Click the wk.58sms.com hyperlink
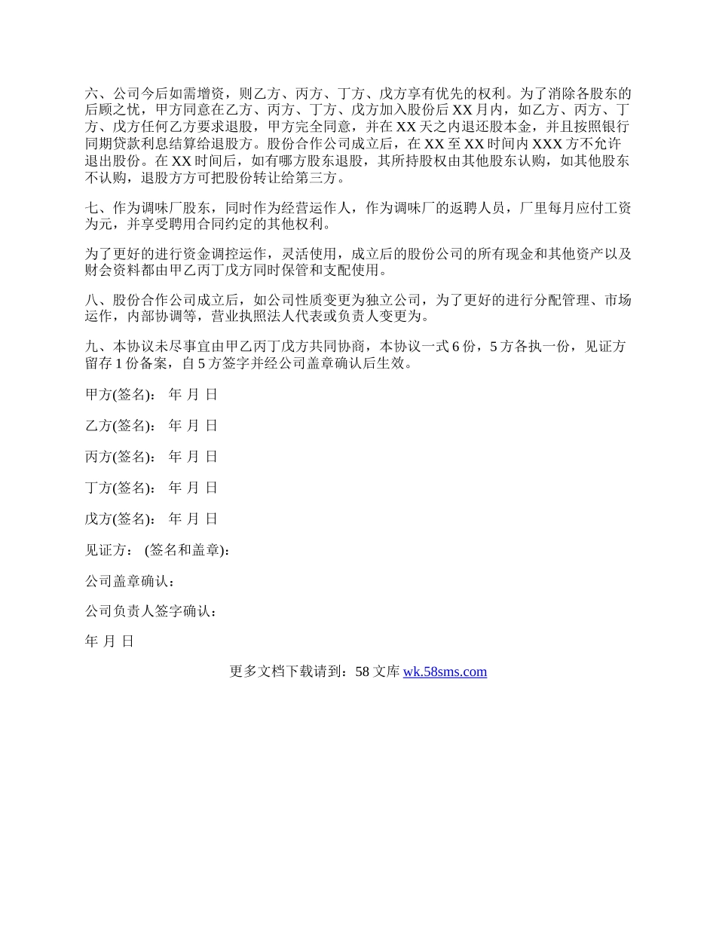click(445, 672)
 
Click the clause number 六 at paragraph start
click(92, 94)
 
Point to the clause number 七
click(92, 209)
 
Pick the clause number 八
click(92, 301)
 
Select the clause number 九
click(92, 347)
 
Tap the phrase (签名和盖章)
click(188, 550)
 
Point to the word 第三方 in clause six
click(321, 179)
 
